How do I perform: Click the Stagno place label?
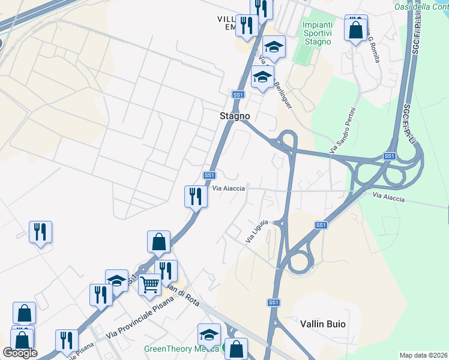tap(235, 116)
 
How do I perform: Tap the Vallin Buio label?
tap(323, 323)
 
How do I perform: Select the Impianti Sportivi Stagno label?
tap(317, 33)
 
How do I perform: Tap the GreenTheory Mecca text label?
tap(181, 349)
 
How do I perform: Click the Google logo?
tap(20, 353)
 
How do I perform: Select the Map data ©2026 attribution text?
tap(424, 355)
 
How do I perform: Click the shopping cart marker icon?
tap(149, 283)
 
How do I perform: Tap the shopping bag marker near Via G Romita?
tap(356, 28)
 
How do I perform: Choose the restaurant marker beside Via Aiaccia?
tap(195, 196)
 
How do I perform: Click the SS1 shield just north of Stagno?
tap(238, 95)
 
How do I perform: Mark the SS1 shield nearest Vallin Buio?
tap(274, 303)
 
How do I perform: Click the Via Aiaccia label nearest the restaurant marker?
tap(229, 188)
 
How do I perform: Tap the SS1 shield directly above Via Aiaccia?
tap(209, 175)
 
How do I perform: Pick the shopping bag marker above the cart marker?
tap(158, 242)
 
